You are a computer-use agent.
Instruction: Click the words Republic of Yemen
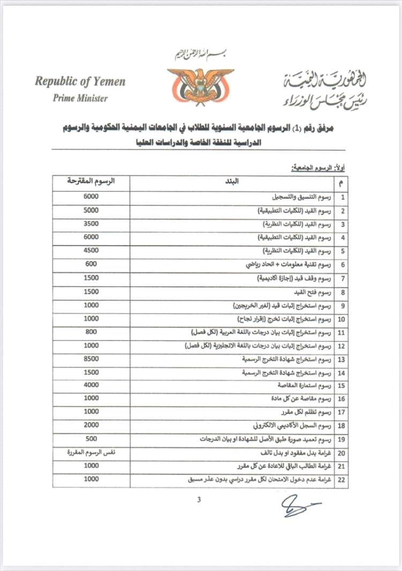(x=80, y=81)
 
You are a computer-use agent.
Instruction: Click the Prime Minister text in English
(x=80, y=98)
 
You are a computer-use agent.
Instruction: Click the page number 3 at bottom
(x=199, y=500)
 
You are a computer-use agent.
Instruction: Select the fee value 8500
(x=91, y=358)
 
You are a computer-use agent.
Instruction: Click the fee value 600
(x=91, y=264)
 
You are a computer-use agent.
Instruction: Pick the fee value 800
(x=91, y=331)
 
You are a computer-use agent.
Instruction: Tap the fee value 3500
(x=91, y=223)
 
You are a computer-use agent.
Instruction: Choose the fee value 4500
(x=91, y=250)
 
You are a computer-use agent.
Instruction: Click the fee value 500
(x=91, y=439)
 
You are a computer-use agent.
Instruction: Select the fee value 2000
(x=91, y=425)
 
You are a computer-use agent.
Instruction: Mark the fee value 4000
(x=91, y=385)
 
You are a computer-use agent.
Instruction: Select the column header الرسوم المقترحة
(x=91, y=181)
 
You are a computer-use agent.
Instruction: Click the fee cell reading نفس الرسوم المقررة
(x=91, y=453)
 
